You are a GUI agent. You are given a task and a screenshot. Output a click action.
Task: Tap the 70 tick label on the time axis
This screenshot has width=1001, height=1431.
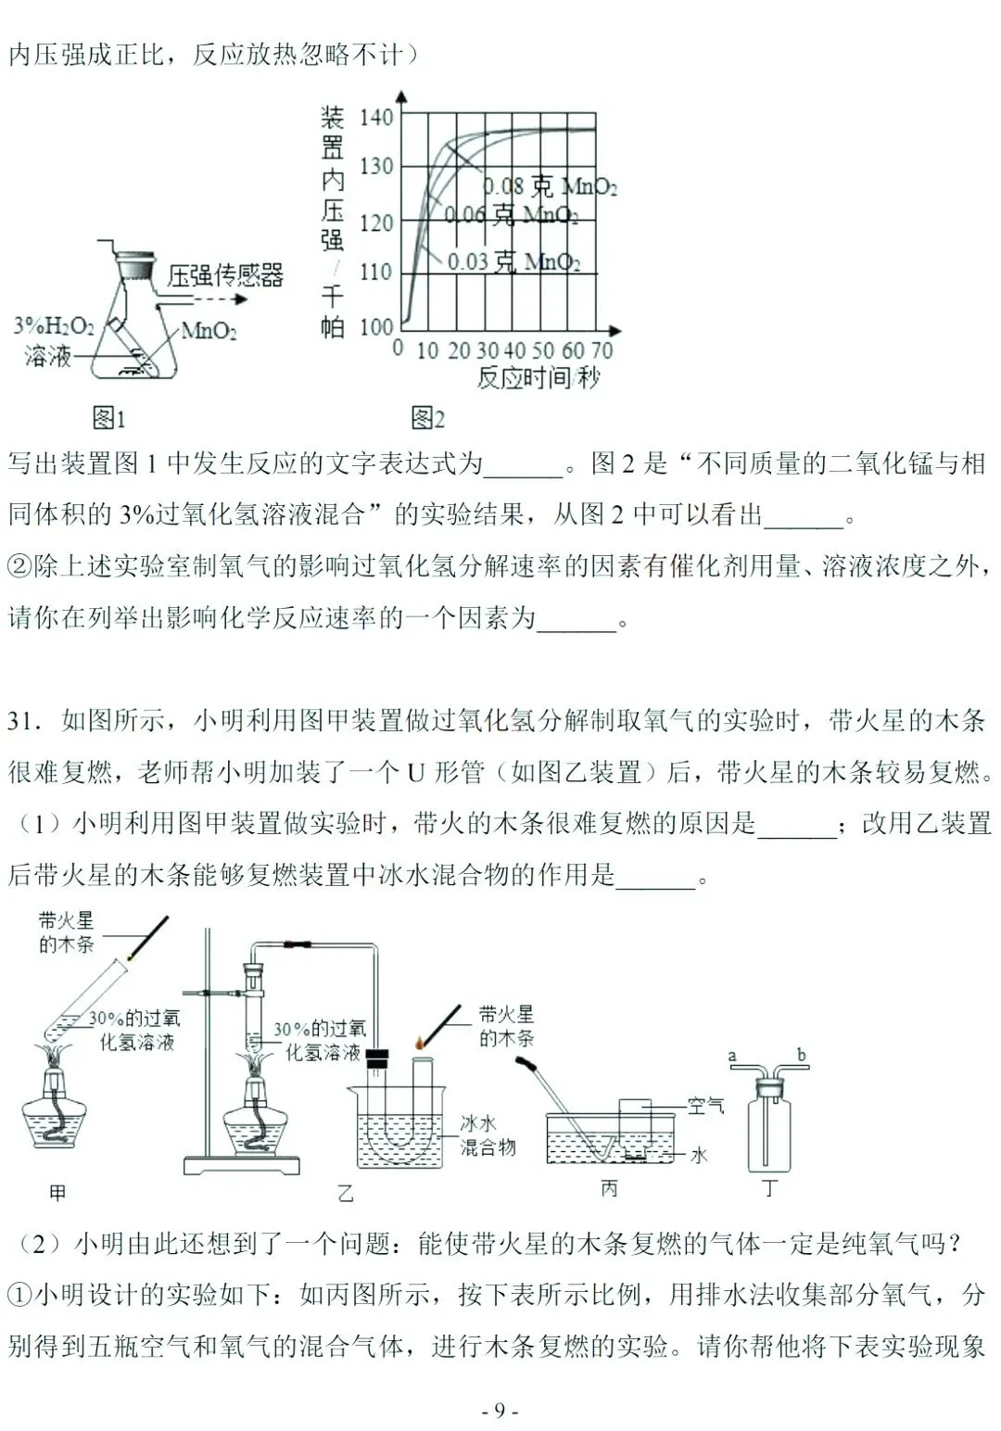[601, 350]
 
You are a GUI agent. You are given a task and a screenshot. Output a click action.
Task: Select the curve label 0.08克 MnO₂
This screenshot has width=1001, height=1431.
[550, 186]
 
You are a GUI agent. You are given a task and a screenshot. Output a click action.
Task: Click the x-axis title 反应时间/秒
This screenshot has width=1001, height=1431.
[538, 378]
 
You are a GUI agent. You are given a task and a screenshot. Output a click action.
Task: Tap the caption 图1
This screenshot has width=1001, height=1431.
[108, 418]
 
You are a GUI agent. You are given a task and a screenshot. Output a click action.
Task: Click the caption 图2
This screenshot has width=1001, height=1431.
[426, 418]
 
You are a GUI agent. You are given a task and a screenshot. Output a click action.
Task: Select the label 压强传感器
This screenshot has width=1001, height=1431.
[225, 275]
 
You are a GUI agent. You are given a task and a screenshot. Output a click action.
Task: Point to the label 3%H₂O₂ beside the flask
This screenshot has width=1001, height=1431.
[54, 327]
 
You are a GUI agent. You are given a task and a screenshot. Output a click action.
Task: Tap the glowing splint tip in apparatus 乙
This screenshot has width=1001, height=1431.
[420, 1044]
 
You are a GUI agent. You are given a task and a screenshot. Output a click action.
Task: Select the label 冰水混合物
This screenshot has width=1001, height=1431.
[488, 1135]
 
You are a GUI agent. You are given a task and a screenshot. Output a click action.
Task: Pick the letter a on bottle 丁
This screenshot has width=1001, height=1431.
[732, 1056]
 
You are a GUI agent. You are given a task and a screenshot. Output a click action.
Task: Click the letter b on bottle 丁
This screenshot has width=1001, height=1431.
[801, 1054]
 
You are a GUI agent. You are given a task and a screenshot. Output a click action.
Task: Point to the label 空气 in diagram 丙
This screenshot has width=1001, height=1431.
[706, 1105]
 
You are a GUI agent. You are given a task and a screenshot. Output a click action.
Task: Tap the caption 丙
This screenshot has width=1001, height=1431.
[609, 1188]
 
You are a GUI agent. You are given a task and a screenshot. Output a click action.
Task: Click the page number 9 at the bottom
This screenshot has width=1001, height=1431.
[500, 1411]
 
